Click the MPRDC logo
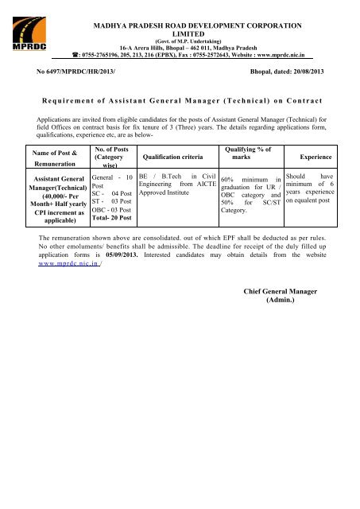25,36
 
